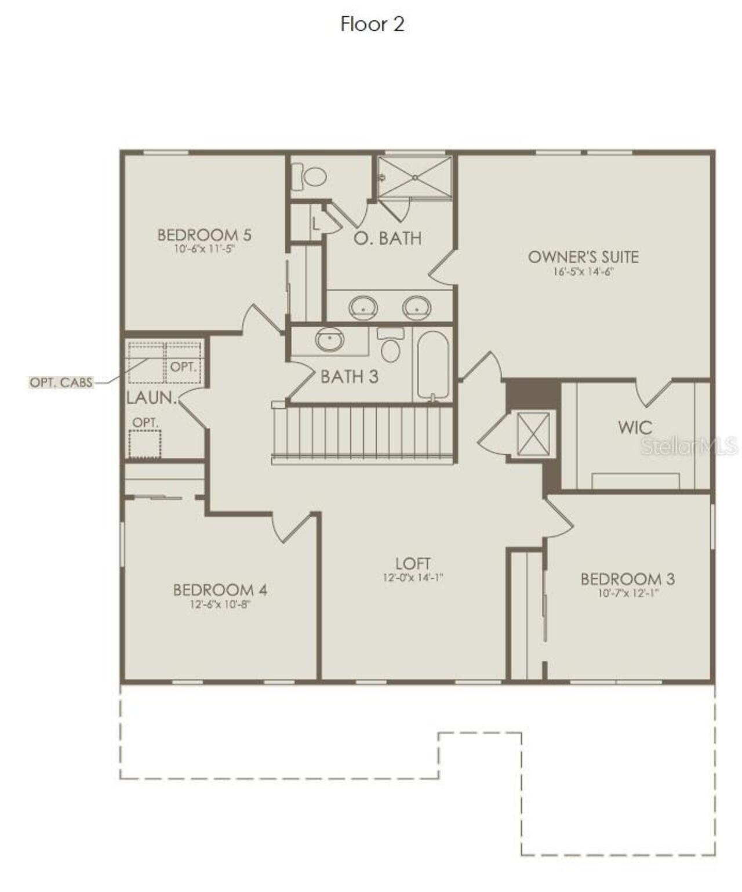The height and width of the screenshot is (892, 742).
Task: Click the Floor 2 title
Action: click(372, 24)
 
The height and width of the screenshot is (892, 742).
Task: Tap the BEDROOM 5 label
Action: click(204, 235)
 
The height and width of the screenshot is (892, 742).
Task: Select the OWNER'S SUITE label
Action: click(583, 257)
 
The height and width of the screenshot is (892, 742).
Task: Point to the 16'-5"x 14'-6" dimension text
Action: click(583, 271)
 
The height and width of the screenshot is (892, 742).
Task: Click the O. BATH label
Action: click(387, 238)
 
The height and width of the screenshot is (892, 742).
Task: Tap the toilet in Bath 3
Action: click(391, 346)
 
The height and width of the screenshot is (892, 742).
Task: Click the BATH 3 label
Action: click(349, 377)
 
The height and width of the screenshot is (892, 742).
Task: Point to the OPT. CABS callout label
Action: click(61, 383)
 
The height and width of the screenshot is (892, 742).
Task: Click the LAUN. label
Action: click(152, 398)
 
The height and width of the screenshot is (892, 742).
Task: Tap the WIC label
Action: click(635, 428)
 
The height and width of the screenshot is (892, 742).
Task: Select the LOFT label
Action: click(413, 563)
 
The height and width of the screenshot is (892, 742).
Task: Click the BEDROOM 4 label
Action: click(220, 590)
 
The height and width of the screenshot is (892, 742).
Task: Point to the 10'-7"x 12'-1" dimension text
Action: click(628, 593)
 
